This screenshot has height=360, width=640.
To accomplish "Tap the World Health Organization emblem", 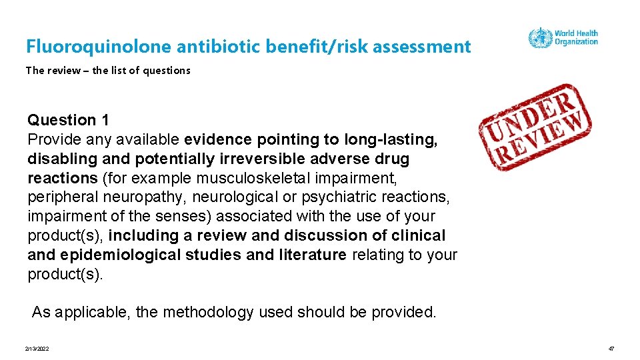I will (x=539, y=37).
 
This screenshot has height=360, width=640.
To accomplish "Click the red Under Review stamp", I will (x=535, y=127).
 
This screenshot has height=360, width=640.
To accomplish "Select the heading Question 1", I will (x=68, y=120).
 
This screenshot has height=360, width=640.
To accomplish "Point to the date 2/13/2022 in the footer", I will (x=37, y=349).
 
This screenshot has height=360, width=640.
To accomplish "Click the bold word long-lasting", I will (x=391, y=139).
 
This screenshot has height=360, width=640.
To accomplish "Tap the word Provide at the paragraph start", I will (x=52, y=139).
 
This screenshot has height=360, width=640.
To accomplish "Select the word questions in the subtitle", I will (x=167, y=70).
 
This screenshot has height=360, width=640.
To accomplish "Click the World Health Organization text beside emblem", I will (x=576, y=37).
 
